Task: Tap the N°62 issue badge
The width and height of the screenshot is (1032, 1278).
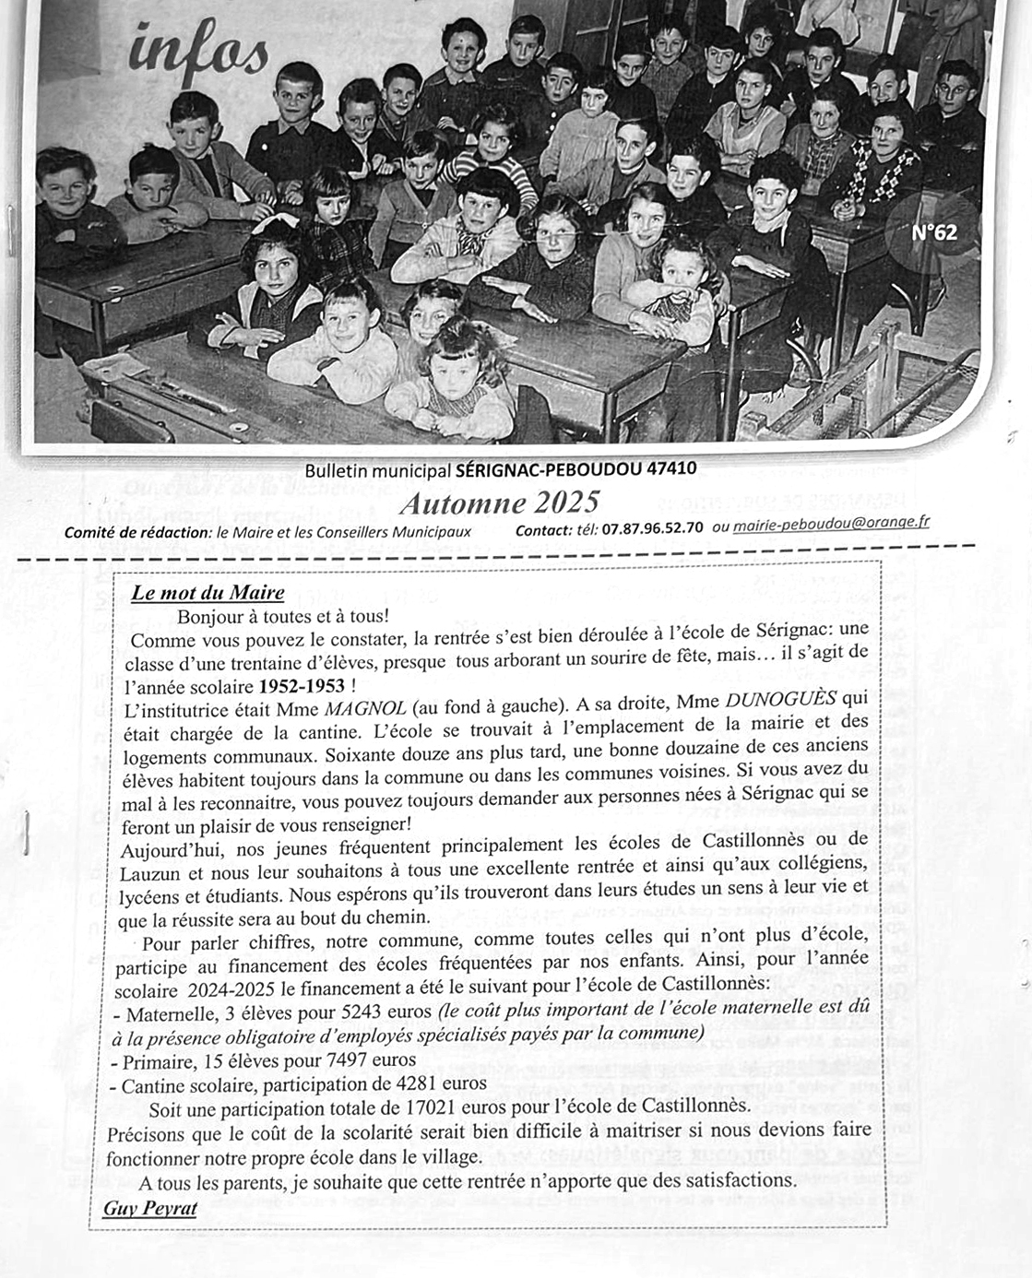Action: click(933, 232)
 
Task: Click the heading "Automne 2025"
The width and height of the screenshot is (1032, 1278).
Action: click(499, 503)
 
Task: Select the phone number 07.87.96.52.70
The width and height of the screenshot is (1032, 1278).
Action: click(652, 528)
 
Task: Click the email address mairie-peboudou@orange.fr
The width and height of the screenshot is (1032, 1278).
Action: click(831, 523)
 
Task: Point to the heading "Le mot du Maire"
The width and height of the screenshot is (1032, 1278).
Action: click(208, 593)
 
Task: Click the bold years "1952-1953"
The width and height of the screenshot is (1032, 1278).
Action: click(302, 687)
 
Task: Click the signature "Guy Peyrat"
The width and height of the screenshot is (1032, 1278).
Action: click(149, 1208)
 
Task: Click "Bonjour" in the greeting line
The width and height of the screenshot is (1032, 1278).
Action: click(210, 616)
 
